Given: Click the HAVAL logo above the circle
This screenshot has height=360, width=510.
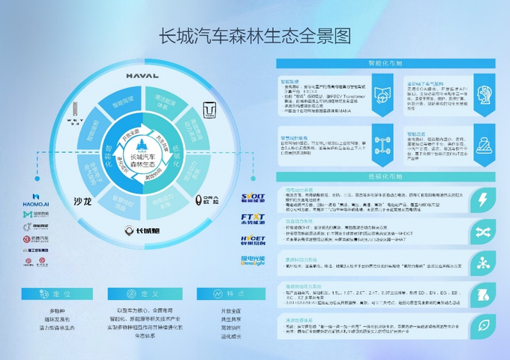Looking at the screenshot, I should pyautogui.click(x=141, y=74).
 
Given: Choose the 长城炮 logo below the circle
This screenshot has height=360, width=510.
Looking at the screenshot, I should pyautogui.click(x=142, y=231).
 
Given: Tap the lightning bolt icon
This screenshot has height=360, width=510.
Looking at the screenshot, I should pyautogui.click(x=484, y=199).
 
